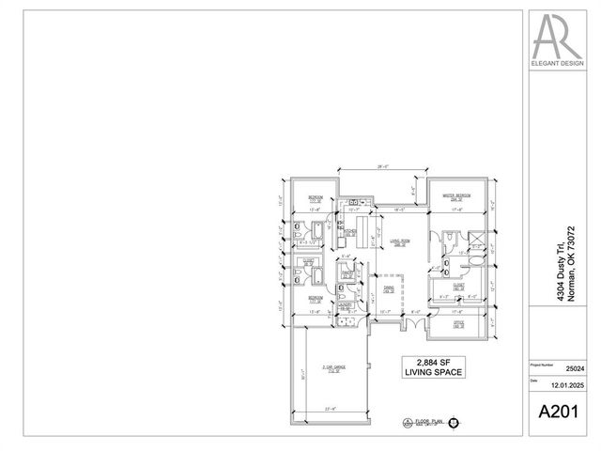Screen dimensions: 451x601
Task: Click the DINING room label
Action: [389, 290]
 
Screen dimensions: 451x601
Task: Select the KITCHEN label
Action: [348, 231]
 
